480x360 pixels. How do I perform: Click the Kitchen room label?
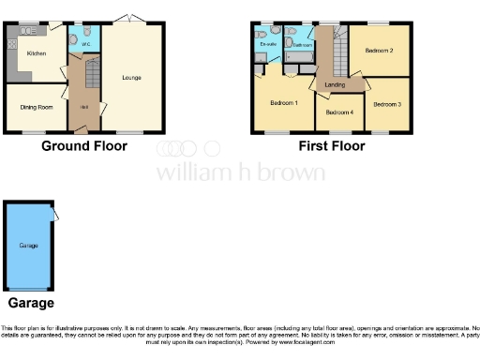(x=36, y=53)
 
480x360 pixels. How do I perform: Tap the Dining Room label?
(x=36, y=106)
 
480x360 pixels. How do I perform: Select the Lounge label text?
(x=131, y=77)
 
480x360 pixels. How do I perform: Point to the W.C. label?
(x=84, y=43)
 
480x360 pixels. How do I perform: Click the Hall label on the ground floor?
(x=84, y=106)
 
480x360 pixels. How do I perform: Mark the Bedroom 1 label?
(x=283, y=103)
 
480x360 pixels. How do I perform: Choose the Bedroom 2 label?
(x=378, y=50)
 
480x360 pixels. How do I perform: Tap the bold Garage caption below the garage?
(x=31, y=303)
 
